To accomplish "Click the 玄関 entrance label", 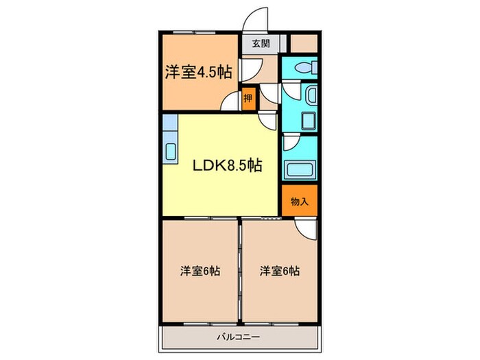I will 261,43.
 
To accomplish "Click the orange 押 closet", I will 248,98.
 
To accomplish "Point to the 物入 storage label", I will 300,202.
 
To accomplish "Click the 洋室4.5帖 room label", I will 197,71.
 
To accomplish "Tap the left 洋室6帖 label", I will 200,271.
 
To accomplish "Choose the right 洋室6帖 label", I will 280,271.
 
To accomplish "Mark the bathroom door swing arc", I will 291,143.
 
